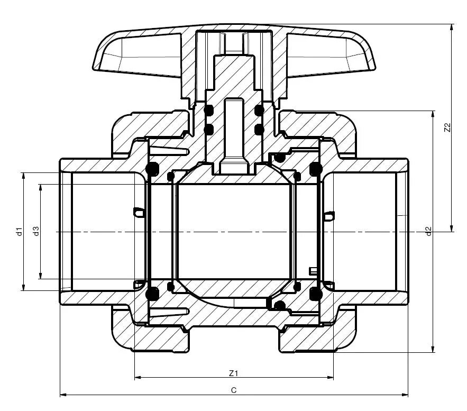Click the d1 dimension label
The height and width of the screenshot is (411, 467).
pos(19,231)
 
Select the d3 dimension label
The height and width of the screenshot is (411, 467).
pos(35,231)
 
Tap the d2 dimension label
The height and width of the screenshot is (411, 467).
pos(429,231)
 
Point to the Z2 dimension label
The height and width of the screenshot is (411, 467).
pos(447,127)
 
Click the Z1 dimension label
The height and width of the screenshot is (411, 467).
pos(234,373)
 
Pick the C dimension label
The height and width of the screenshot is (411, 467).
pos(233,390)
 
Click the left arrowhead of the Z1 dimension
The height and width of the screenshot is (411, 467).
pos(138,378)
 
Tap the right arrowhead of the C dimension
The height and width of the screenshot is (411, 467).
pos(406,395)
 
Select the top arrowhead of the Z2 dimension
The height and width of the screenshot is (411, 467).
pos(452,26)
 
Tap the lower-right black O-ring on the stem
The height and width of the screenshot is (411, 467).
pos(259,129)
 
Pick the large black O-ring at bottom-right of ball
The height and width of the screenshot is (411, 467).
pos(316,294)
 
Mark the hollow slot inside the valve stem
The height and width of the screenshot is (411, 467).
pos(234,132)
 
